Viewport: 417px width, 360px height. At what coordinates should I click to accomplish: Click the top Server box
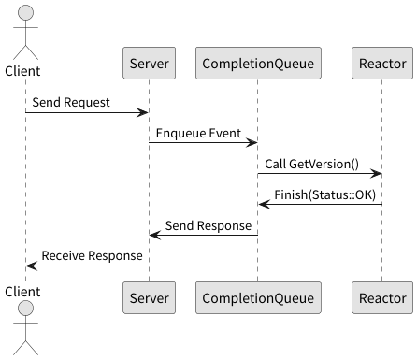click(x=149, y=64)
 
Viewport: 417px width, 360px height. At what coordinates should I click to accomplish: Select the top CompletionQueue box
click(x=258, y=64)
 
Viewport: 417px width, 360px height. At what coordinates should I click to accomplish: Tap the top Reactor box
click(x=382, y=64)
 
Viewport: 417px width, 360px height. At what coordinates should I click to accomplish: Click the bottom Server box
click(x=149, y=296)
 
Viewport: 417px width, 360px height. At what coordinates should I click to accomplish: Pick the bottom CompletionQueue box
click(x=258, y=296)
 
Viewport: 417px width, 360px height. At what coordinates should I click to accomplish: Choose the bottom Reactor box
click(x=382, y=296)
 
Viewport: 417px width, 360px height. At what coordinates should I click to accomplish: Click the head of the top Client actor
click(x=26, y=13)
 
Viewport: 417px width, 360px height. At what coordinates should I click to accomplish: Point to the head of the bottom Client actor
click(x=26, y=310)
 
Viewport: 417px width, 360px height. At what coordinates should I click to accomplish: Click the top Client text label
click(x=26, y=71)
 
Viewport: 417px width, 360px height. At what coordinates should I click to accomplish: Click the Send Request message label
click(x=70, y=101)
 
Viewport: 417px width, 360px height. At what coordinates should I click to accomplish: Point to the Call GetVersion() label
click(x=311, y=163)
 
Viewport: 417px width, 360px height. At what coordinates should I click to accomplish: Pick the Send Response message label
click(x=208, y=224)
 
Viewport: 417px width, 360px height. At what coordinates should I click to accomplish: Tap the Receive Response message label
click(x=92, y=255)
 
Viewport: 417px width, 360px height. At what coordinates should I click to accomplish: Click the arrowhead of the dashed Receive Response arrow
click(x=31, y=266)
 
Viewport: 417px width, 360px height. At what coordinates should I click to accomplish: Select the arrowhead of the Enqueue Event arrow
click(x=252, y=143)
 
